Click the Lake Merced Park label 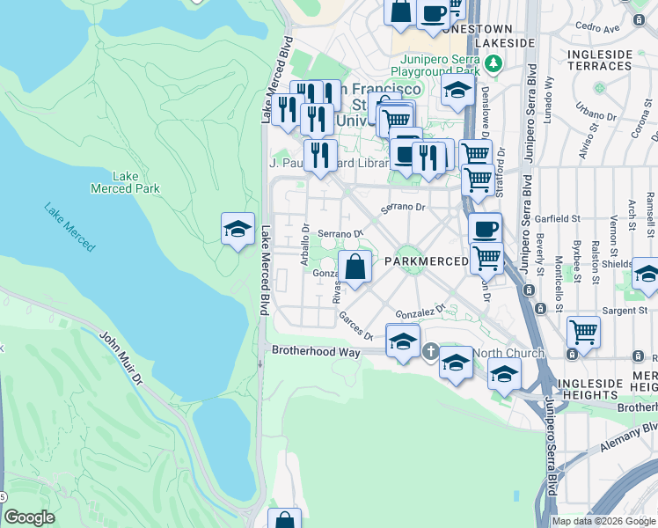[126, 182]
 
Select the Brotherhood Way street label [316, 351]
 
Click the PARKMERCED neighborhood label [426, 262]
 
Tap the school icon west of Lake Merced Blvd [238, 230]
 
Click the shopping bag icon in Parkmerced [355, 268]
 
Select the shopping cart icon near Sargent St [583, 333]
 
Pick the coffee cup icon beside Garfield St [485, 230]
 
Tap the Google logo [29, 517]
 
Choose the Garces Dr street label [356, 331]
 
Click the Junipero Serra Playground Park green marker [493, 63]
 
